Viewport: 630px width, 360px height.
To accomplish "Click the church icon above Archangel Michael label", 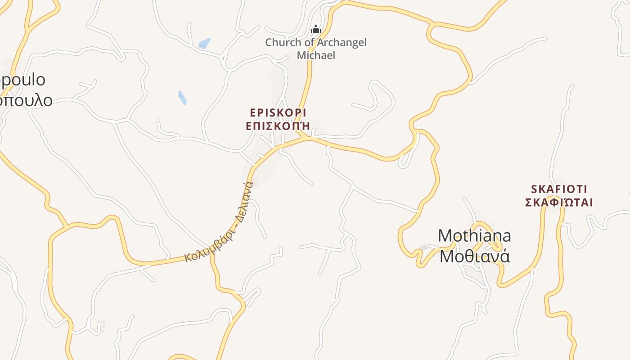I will [x=316, y=30].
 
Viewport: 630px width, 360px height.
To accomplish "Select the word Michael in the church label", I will [x=316, y=55].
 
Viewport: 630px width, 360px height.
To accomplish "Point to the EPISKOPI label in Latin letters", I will [x=278, y=112].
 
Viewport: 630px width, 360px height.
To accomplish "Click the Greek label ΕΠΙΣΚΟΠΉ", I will [x=278, y=126].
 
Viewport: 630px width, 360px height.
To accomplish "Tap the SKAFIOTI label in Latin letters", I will [x=559, y=189].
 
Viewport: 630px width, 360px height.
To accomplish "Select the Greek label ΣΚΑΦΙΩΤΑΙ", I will [x=559, y=202].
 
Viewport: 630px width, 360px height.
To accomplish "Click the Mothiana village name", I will [x=474, y=236].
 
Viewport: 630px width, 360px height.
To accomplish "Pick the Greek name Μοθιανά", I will [x=474, y=256].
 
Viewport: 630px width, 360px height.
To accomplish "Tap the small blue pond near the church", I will [x=204, y=43].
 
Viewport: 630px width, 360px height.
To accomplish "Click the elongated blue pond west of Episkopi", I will [x=182, y=98].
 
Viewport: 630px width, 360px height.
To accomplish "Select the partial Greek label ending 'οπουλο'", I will [x=26, y=100].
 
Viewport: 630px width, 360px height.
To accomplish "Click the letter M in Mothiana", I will [x=445, y=236].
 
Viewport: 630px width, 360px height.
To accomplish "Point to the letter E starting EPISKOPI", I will [x=252, y=112].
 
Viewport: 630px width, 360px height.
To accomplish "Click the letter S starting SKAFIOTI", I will [x=534, y=189].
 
